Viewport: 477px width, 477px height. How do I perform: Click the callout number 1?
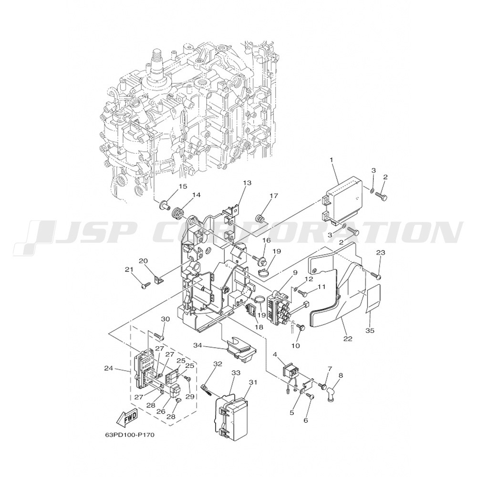(332, 159)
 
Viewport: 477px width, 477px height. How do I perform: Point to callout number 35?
(370, 330)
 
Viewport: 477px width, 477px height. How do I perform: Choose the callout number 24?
(109, 368)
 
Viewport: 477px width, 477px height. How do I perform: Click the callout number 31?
(253, 382)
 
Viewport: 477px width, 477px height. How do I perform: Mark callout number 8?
(341, 375)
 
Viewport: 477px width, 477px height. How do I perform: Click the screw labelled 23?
(376, 276)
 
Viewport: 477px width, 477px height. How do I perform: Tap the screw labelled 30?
(160, 336)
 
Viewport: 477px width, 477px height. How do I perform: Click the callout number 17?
(274, 196)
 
